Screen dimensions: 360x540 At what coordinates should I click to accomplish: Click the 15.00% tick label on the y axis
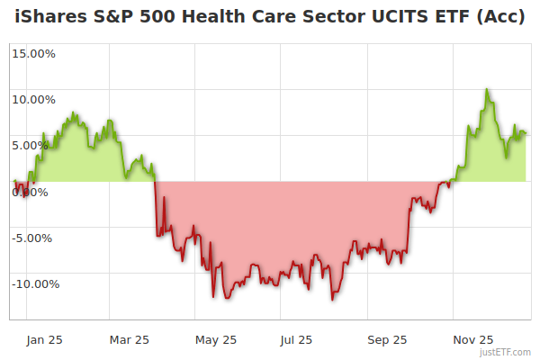[33, 53]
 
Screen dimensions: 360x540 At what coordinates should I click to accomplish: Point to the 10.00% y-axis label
[33, 100]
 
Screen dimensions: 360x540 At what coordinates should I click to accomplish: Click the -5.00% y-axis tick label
[34, 238]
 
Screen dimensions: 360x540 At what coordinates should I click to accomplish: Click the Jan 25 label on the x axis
[43, 339]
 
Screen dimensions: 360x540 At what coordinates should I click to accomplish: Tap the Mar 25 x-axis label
[130, 339]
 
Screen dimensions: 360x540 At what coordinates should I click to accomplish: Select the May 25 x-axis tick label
[216, 339]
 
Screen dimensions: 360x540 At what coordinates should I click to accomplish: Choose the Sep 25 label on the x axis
[386, 339]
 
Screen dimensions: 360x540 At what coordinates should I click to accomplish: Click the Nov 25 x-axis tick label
[472, 339]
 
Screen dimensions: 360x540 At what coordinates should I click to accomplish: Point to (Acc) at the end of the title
[504, 19]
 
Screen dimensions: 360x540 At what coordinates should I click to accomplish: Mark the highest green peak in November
[487, 89]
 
